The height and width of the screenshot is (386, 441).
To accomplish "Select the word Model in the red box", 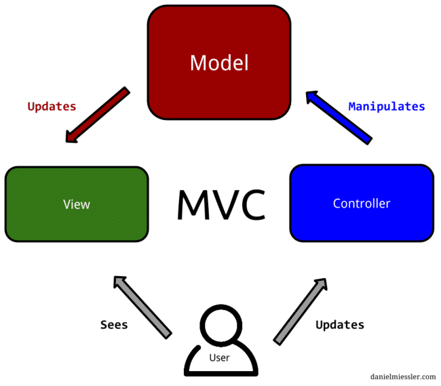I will pyautogui.click(x=219, y=63).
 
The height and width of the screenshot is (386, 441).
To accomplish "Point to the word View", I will pyautogui.click(x=77, y=204).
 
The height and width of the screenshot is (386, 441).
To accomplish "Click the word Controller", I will pyautogui.click(x=362, y=204).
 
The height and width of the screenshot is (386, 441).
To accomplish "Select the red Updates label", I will pyautogui.click(x=52, y=107).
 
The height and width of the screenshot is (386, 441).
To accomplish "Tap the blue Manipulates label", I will pyautogui.click(x=386, y=107).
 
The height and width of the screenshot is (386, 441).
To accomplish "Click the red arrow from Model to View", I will pyautogui.click(x=98, y=115).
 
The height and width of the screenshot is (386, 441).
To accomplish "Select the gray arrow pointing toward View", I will pyautogui.click(x=142, y=306).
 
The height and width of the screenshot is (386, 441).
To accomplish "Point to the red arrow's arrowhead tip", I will pyautogui.click(x=69, y=140).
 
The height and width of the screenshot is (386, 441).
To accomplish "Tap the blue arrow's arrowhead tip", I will pyautogui.click(x=308, y=94).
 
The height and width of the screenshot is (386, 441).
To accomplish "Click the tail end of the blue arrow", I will pyautogui.click(x=368, y=140).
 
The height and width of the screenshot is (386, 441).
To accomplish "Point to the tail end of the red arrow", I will pyautogui.click(x=126, y=90).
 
